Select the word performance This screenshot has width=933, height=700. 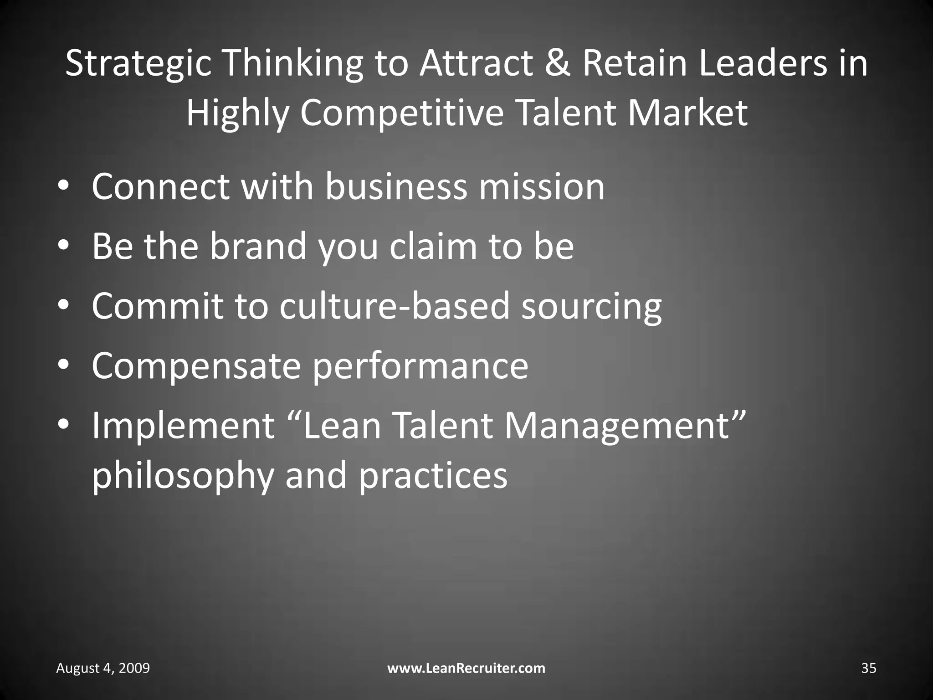pos(420,366)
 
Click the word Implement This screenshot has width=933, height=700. pos(183,426)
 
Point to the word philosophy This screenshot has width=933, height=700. pos(183,476)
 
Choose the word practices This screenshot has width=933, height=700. pos(433,476)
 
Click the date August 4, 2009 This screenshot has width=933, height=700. pos(103,669)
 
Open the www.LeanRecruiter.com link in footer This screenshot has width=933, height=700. pos(466,669)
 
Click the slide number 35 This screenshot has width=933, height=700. pos(868,669)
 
